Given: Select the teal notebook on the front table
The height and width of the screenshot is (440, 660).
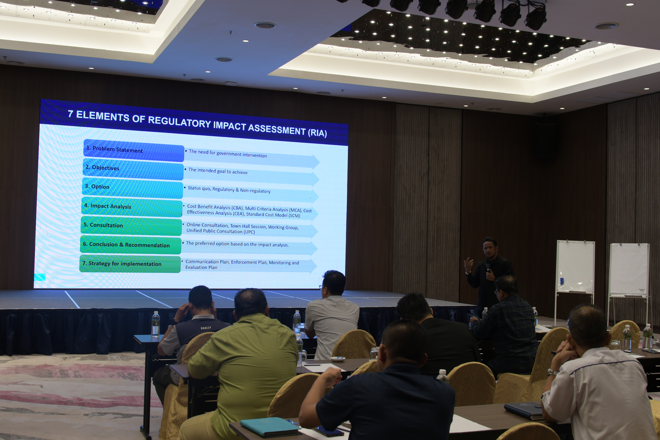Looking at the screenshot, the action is [x=270, y=426].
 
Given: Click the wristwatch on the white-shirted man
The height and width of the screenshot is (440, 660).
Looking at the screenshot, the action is [x=552, y=372].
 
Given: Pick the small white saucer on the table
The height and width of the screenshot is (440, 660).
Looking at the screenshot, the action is [x=338, y=359].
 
